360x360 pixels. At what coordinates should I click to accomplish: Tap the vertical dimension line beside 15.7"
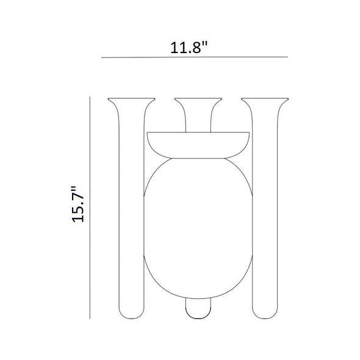90,207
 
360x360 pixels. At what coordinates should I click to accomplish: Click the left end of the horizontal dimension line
102,57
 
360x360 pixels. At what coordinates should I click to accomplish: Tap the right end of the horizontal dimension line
287,57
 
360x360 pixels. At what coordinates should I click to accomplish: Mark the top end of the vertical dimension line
90,97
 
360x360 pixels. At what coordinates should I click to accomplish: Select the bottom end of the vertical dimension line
90,318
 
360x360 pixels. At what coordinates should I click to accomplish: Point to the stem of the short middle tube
198,119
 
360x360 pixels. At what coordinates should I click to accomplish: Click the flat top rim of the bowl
198,133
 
